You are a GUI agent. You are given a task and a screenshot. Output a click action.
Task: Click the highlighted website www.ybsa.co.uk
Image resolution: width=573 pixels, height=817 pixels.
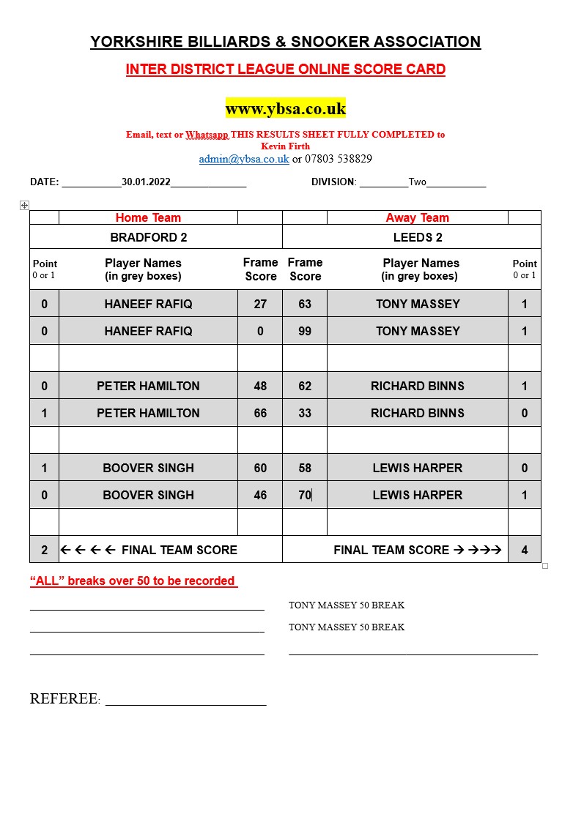[285, 108]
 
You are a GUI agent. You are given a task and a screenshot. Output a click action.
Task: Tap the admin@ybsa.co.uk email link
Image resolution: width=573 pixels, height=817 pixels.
[244, 159]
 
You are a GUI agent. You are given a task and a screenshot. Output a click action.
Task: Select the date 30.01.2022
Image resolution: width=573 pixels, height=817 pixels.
[146, 182]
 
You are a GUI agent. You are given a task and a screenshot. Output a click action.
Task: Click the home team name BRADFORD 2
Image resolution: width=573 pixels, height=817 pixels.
[149, 237]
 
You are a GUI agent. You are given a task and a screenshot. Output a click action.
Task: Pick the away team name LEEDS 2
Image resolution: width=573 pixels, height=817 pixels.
[418, 237]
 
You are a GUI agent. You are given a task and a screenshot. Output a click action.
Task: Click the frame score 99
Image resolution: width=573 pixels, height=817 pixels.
[305, 331]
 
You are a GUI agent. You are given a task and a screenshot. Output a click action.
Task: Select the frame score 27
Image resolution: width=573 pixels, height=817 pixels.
[260, 304]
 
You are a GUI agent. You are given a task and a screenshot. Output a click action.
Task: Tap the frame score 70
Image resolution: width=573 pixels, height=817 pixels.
[305, 495]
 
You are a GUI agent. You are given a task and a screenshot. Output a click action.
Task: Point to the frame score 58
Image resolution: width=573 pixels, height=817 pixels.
[305, 468]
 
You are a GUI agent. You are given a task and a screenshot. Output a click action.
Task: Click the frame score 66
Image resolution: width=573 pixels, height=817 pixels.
[260, 413]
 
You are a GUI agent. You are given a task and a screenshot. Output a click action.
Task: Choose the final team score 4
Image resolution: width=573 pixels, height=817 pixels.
[525, 550]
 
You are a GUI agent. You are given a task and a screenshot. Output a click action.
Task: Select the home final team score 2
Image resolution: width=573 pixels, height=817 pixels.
[44, 550]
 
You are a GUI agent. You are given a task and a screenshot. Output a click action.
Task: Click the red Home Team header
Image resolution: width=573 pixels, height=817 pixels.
[148, 217]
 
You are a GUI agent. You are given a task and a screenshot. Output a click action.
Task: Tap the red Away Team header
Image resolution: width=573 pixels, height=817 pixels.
[417, 217]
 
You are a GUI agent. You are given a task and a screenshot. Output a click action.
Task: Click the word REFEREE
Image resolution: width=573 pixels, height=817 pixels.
[63, 699]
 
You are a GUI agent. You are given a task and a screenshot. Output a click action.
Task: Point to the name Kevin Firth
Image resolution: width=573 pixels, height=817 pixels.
[285, 146]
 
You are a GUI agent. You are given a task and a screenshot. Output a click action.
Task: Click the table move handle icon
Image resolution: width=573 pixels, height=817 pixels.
[24, 206]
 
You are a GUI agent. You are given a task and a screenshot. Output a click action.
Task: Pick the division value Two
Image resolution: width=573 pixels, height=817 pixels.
[417, 182]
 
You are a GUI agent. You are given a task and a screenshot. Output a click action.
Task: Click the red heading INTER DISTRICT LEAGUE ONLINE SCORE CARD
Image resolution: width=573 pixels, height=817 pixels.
[285, 70]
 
